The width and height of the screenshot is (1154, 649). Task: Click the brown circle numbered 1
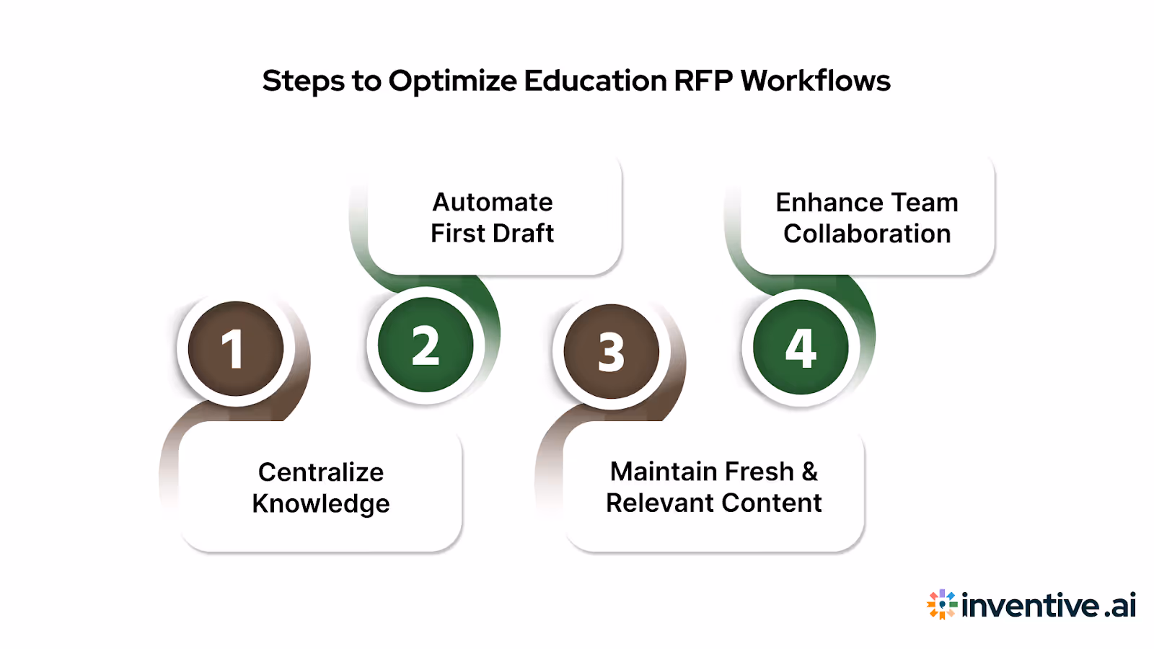coord(235,349)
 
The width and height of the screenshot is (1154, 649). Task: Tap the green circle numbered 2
coord(426,345)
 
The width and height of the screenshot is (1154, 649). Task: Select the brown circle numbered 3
coord(612,351)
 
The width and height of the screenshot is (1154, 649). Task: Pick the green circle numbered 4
coord(801,348)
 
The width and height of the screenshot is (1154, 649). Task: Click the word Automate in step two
coord(493,203)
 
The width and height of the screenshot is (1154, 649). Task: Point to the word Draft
coord(523,234)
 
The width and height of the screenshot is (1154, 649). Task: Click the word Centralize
coord(321,472)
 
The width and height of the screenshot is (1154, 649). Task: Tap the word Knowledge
coord(321,504)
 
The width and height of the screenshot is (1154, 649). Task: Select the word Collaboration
coord(867,234)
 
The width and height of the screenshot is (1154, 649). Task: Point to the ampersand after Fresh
coord(809,472)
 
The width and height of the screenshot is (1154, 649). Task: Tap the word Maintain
coord(663,472)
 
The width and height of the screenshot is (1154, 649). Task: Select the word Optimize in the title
coord(452,81)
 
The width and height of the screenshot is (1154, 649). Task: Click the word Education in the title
coord(595,81)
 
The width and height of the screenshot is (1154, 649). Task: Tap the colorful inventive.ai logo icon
coord(941,604)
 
